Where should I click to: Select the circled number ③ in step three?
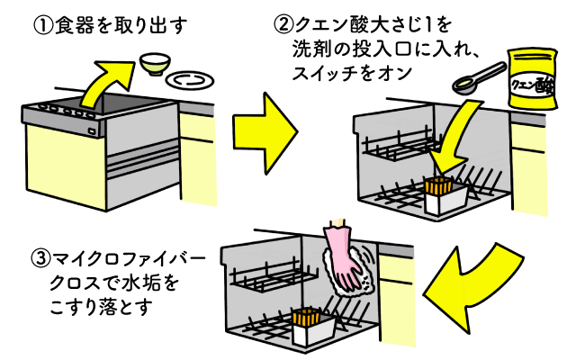click(40, 261)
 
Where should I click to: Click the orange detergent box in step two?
click(438, 190)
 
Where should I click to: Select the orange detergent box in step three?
click(307, 321)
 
